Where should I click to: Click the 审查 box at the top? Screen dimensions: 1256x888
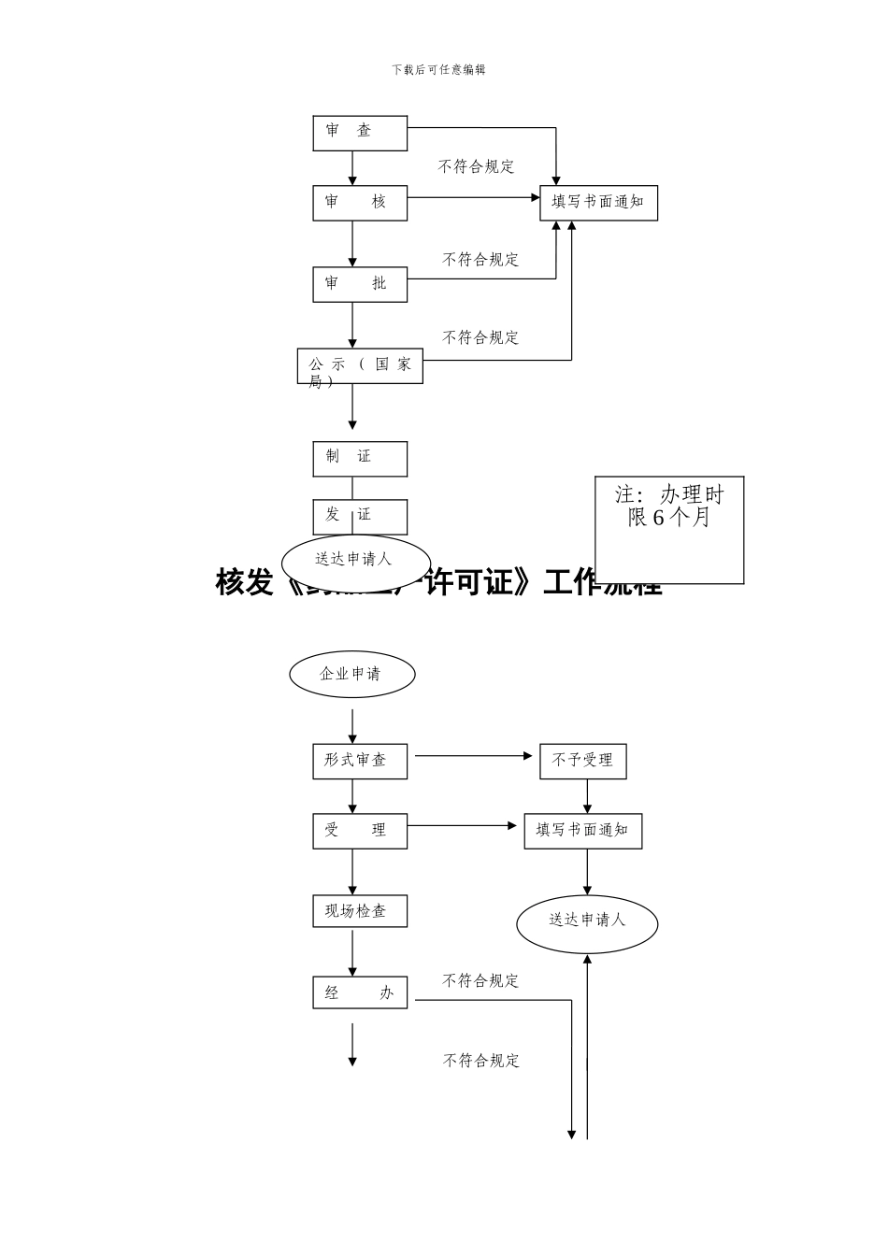pos(360,133)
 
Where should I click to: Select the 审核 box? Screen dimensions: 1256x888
pos(360,203)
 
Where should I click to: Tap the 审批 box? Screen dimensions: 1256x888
pos(360,284)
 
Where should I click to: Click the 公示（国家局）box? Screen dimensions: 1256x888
pos(360,367)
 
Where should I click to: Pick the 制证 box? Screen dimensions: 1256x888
pos(360,458)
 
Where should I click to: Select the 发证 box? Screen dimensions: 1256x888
pos(360,515)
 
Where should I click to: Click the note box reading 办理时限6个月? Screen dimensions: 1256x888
pos(669,529)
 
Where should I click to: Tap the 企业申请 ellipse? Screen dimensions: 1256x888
pos(351,674)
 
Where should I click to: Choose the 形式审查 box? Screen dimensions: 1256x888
pos(360,761)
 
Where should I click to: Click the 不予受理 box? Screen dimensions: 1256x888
pos(582,762)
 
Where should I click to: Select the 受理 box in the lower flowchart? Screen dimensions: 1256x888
pos(360,831)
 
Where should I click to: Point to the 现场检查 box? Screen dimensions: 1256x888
pos(360,911)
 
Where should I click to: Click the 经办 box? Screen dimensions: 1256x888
pos(360,992)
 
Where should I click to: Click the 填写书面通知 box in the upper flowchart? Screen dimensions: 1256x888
pos(598,203)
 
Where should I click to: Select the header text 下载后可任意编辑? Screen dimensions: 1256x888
pos(438,70)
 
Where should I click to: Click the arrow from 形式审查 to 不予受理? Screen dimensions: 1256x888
pos(473,755)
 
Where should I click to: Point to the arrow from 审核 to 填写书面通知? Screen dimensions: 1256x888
pos(473,197)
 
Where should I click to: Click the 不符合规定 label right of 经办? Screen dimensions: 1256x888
pos(480,981)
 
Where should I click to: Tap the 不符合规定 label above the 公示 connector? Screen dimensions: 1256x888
pos(480,337)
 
